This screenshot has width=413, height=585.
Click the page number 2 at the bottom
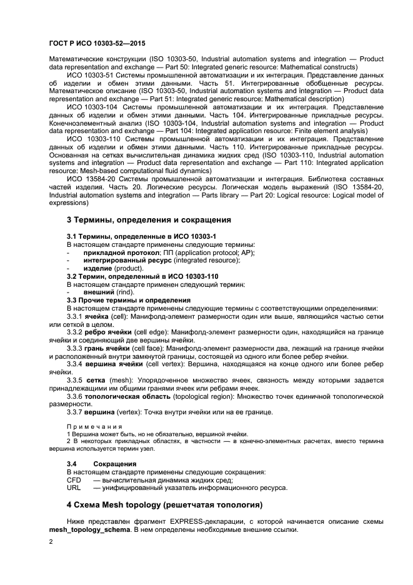51,544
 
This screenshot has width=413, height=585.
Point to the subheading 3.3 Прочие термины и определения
129,300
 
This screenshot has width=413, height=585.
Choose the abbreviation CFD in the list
74,480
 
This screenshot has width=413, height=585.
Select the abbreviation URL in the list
74,487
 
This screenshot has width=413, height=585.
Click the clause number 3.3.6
74,396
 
